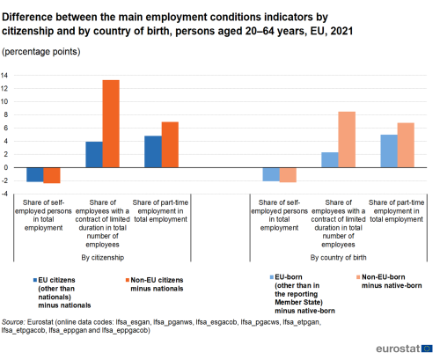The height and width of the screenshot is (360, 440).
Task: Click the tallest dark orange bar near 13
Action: click(x=111, y=124)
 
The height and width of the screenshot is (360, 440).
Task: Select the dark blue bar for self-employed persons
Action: click(x=35, y=175)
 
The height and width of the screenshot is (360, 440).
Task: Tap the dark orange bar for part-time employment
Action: click(x=170, y=144)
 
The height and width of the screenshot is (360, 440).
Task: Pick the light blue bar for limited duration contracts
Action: click(x=330, y=160)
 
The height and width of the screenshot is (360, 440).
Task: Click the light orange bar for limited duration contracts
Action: click(x=347, y=140)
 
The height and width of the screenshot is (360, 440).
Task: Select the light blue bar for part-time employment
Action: click(x=389, y=151)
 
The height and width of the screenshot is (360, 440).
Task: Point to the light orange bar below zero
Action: click(x=288, y=175)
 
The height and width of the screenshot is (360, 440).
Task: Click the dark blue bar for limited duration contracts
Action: click(x=94, y=155)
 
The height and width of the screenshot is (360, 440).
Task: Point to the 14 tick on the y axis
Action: click(x=4, y=76)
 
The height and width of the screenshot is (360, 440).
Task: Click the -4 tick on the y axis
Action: click(x=4, y=194)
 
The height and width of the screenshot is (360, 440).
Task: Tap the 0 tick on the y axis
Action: click(x=6, y=167)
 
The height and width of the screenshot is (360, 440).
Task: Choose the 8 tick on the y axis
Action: click(x=6, y=115)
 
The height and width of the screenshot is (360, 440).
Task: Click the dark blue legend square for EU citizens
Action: click(x=35, y=280)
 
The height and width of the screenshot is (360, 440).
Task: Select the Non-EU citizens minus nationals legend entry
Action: click(x=155, y=284)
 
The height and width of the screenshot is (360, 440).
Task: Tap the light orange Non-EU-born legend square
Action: click(x=358, y=277)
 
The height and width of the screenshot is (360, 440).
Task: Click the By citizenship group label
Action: click(x=103, y=258)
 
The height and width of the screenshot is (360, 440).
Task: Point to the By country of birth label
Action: click(x=338, y=258)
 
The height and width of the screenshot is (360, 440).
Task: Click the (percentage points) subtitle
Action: click(x=41, y=52)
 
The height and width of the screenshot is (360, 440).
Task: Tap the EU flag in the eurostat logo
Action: click(x=427, y=349)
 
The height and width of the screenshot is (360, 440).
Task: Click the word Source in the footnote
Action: click(x=13, y=322)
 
